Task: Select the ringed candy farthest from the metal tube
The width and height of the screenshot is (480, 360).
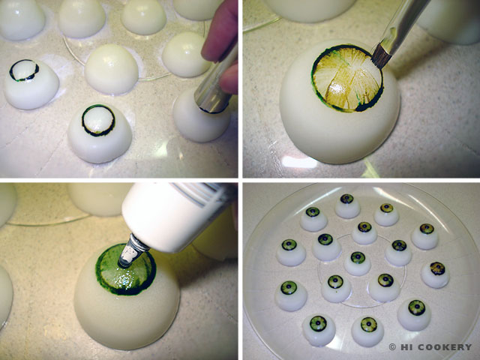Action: (31, 84)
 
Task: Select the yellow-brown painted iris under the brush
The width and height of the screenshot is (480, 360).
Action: (348, 78)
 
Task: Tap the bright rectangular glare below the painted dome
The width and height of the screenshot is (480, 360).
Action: (299, 162)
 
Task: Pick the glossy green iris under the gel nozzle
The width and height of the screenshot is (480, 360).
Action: (126, 270)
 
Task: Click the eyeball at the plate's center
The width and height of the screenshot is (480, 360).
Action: (357, 263)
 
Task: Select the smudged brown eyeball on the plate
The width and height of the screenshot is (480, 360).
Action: (435, 274)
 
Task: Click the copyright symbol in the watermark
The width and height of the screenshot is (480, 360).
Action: (392, 346)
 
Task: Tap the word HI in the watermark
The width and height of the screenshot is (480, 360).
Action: (406, 346)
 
